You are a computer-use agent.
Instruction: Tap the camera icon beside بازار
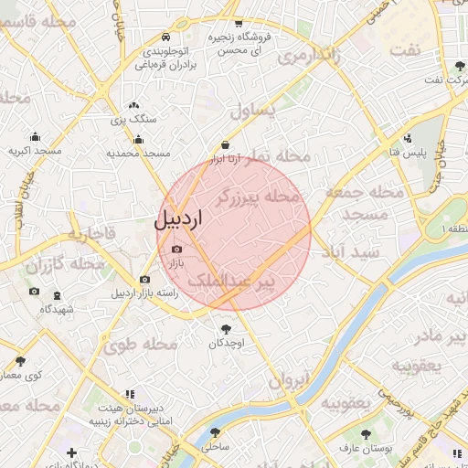click(176, 249)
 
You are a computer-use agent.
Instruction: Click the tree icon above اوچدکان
click(225, 328)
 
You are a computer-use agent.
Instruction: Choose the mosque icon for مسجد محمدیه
click(138, 140)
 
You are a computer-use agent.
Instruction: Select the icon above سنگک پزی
click(134, 107)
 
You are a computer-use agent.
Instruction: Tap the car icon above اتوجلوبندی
click(165, 37)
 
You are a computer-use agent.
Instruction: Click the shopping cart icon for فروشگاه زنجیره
click(239, 23)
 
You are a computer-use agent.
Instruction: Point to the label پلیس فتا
click(405, 152)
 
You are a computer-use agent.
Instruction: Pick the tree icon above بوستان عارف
click(367, 434)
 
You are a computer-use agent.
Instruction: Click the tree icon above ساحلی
click(215, 432)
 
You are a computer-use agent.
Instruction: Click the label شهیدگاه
click(57, 309)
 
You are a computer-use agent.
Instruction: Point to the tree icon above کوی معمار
click(20, 362)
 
